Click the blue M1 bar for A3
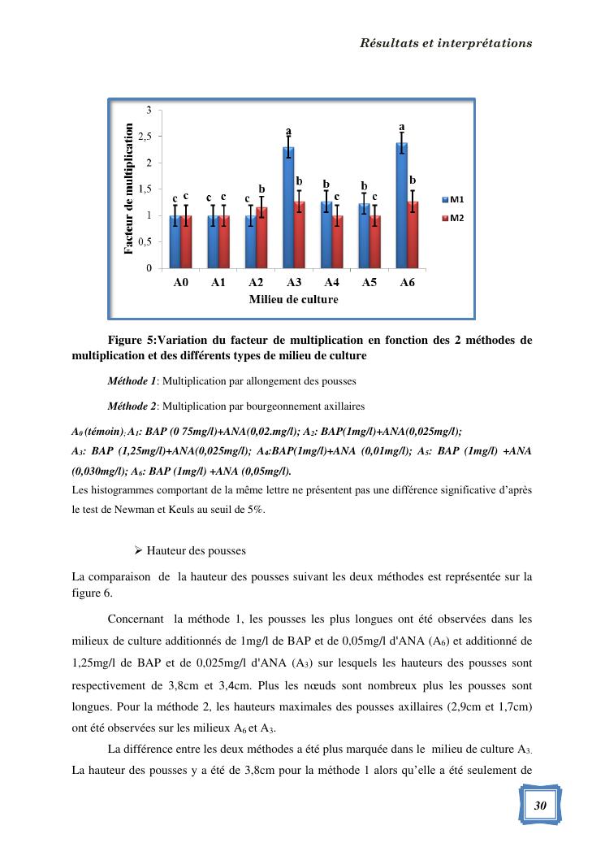pos(288,208)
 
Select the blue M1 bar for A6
pos(401,206)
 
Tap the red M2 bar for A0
pos(186,242)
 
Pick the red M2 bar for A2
pos(261,238)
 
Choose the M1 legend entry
pos(453,199)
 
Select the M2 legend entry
pos(453,219)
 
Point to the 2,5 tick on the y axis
pos(144,137)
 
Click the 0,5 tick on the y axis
pos(144,242)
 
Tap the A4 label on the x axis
pos(331,283)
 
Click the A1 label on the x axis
pos(218,283)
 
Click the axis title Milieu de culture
pos(293,299)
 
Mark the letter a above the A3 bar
pos(287,131)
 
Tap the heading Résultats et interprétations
pos(446,43)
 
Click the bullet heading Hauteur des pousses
pos(196,551)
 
